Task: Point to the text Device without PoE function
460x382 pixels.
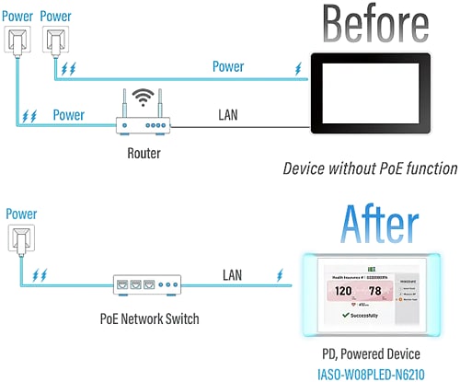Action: (370, 168)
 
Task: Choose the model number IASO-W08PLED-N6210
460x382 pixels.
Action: (380, 371)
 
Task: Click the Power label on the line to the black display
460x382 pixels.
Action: (228, 66)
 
